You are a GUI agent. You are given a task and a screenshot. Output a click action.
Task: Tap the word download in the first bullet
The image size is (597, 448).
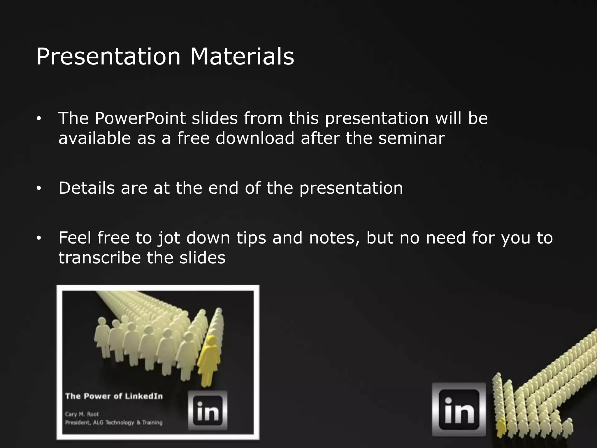click(x=255, y=138)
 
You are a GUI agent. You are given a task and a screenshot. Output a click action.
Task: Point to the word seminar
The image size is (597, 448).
click(x=411, y=138)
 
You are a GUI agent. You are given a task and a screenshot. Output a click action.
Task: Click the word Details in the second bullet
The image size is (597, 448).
click(x=87, y=188)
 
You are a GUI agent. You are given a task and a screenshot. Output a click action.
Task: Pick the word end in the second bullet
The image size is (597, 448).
click(x=223, y=188)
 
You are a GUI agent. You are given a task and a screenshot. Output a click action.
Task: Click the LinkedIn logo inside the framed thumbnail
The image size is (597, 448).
click(x=208, y=410)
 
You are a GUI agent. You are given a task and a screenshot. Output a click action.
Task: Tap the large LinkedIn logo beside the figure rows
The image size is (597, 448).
click(x=459, y=409)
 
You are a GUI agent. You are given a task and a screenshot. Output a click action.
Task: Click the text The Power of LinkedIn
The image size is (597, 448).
click(x=114, y=396)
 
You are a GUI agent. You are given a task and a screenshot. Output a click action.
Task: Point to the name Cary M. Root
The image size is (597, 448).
click(x=82, y=414)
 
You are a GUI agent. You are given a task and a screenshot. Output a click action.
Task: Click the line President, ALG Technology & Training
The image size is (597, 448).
click(x=114, y=423)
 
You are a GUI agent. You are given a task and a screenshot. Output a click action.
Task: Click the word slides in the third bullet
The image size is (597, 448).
click(x=202, y=258)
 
